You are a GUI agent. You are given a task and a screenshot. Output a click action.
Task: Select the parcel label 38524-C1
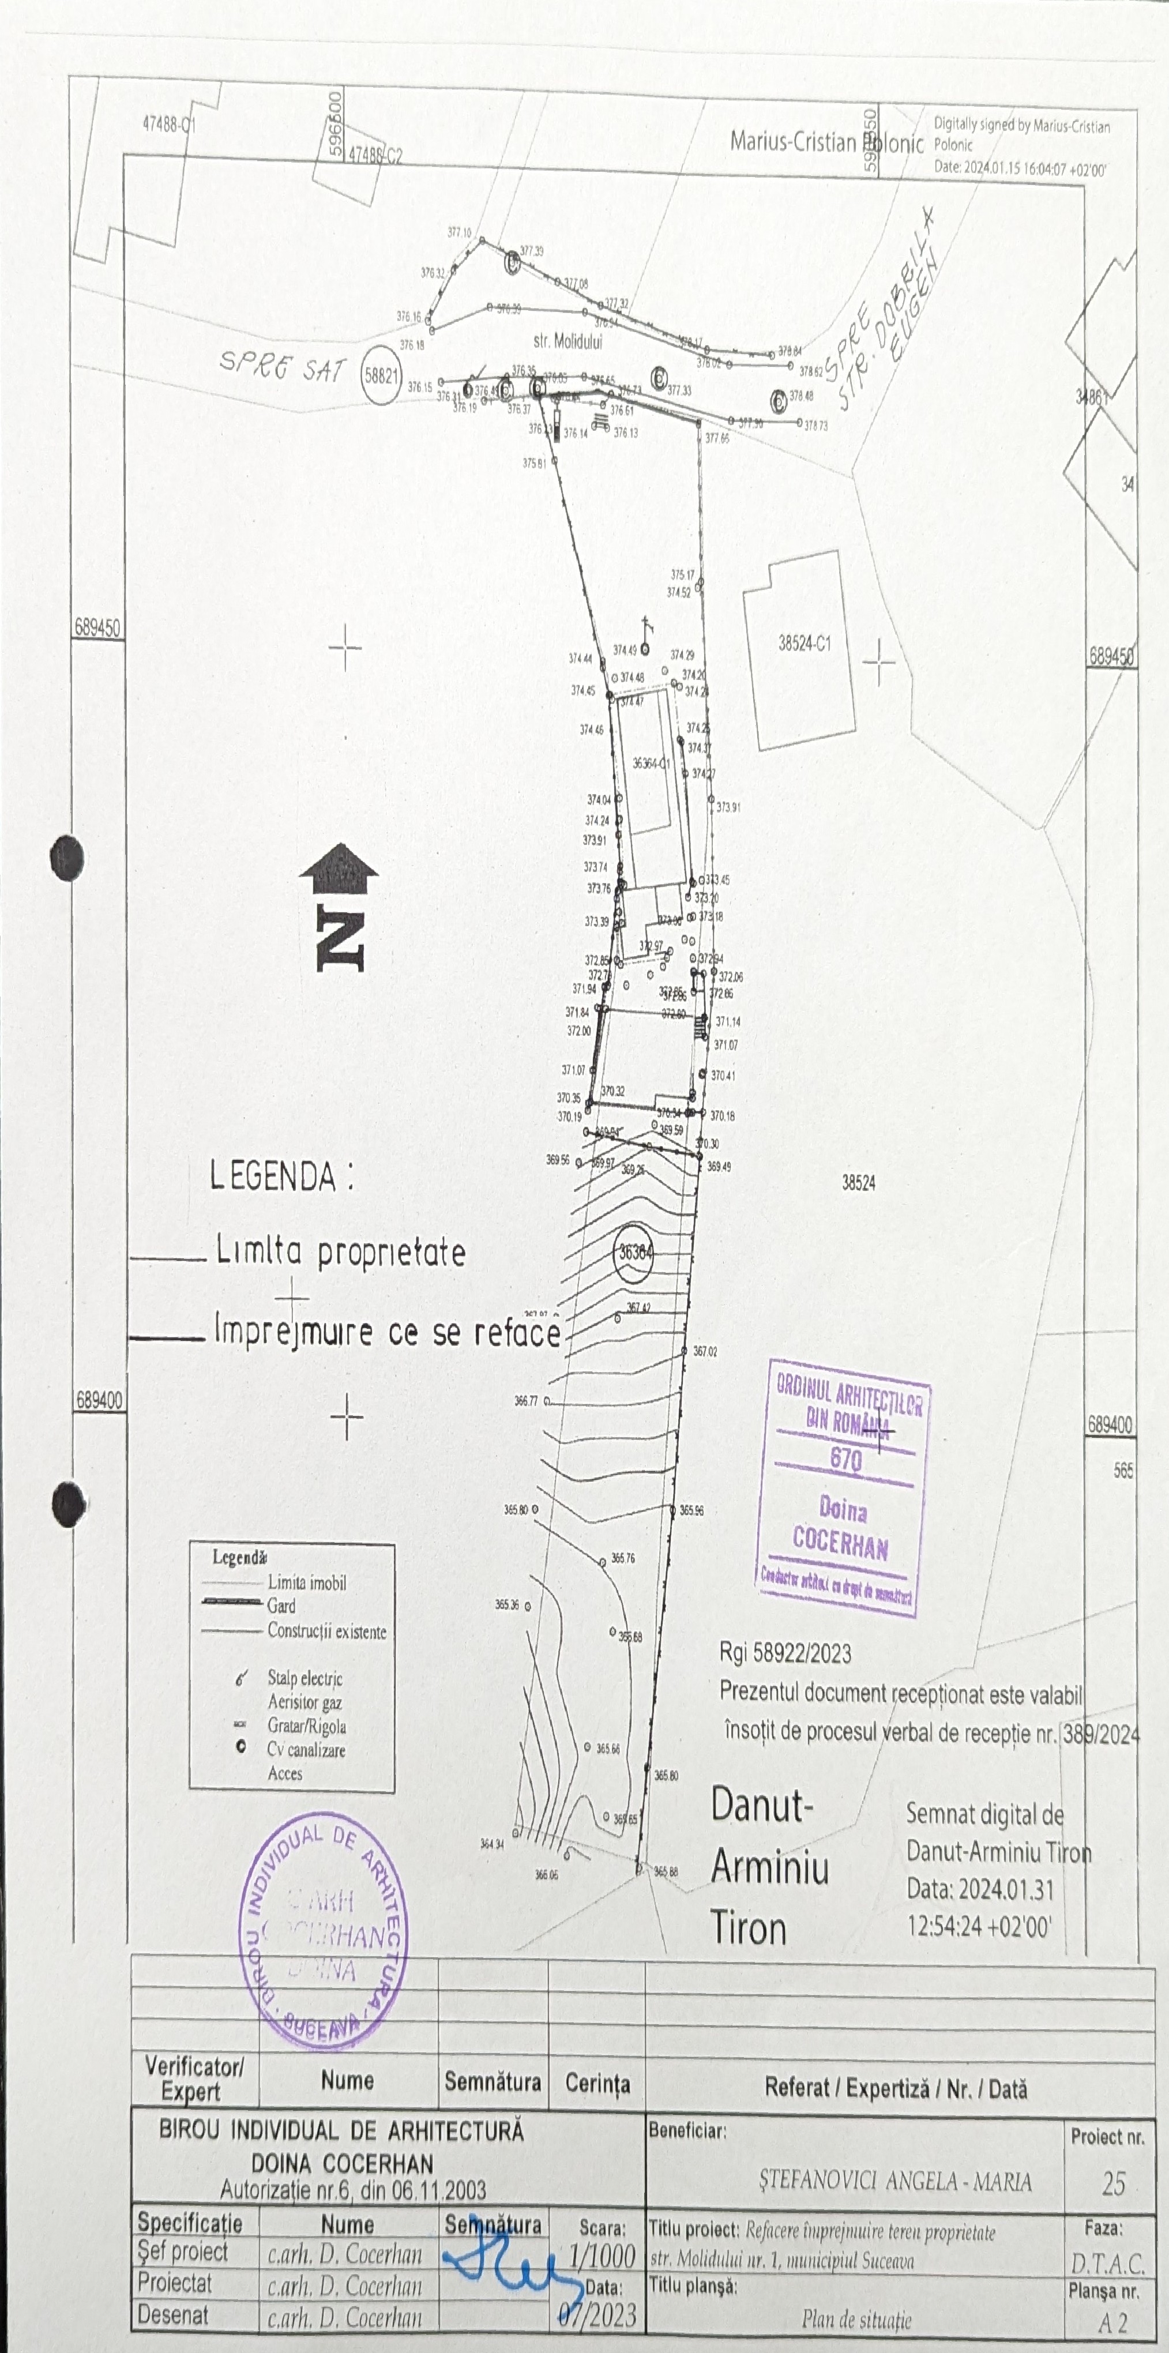click(x=805, y=643)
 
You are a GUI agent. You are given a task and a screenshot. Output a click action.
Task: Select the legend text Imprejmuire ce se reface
click(x=387, y=1333)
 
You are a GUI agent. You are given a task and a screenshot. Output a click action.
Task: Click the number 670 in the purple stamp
click(x=845, y=1459)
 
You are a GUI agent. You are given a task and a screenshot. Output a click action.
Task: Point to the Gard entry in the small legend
click(x=281, y=1606)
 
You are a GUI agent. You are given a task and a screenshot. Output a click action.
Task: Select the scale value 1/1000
click(x=602, y=2256)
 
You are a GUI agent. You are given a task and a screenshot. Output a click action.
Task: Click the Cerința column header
click(x=597, y=2084)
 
